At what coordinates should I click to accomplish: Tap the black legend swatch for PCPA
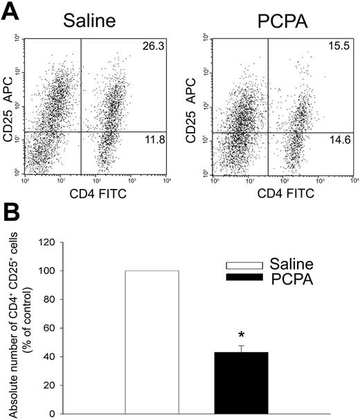point(253,277)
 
